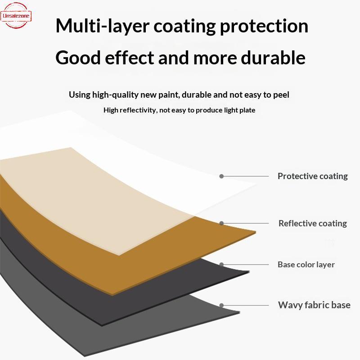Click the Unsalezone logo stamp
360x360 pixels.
pyautogui.click(x=16, y=16)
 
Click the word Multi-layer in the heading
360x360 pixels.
pyautogui.click(x=103, y=26)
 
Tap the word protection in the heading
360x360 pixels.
pyautogui.click(x=264, y=26)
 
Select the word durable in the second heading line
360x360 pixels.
pyautogui.click(x=273, y=58)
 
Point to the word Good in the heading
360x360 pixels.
pyautogui.click(x=78, y=58)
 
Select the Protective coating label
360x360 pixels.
pyautogui.click(x=312, y=176)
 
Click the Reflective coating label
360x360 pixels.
pyautogui.click(x=312, y=223)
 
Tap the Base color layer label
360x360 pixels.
pyautogui.click(x=306, y=265)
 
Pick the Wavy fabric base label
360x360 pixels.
pyautogui.click(x=314, y=305)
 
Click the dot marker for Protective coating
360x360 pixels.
pyautogui.click(x=221, y=176)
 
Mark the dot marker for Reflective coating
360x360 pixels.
pyautogui.click(x=221, y=223)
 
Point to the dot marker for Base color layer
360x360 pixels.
pyautogui.click(x=221, y=265)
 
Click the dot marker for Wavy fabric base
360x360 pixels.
pyautogui.click(x=221, y=305)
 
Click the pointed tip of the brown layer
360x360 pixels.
pyautogui.click(x=256, y=232)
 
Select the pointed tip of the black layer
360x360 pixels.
pyautogui.click(x=249, y=272)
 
